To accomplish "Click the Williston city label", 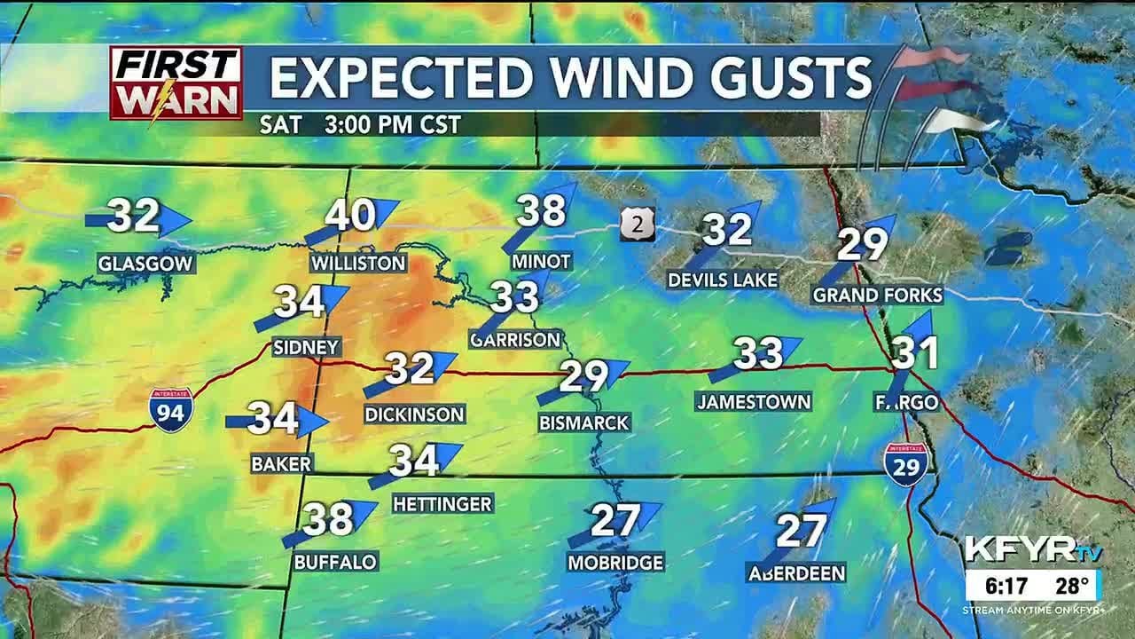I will click(x=358, y=263).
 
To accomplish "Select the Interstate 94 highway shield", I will click(x=169, y=410).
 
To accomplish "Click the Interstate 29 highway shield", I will click(x=905, y=464).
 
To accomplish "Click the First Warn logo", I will click(x=176, y=83).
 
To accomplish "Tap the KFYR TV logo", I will click(x=1032, y=550).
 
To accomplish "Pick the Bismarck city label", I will click(x=583, y=422).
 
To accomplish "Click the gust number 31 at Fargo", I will click(x=915, y=353).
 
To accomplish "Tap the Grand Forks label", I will click(x=877, y=295).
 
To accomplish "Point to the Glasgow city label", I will click(x=145, y=264).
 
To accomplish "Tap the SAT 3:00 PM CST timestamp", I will click(x=360, y=124).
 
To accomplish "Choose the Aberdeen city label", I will click(x=796, y=572).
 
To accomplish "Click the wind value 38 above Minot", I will click(x=540, y=211).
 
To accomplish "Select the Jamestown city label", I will click(x=753, y=401).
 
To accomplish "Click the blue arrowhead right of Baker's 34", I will click(x=313, y=421).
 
